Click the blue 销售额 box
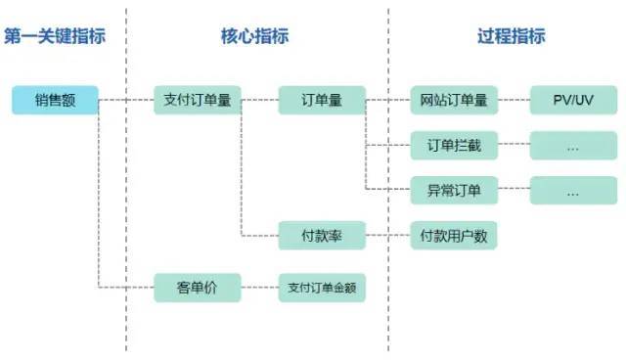(55, 100)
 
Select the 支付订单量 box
(198, 100)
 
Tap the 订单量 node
(322, 100)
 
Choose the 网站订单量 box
(454, 100)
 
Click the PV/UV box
(573, 100)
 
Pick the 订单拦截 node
(454, 146)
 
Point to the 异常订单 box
(454, 191)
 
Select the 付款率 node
(322, 236)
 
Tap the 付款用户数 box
(454, 236)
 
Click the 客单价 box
(198, 288)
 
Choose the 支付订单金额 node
(322, 288)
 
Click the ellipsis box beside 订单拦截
(573, 146)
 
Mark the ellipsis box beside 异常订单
(573, 191)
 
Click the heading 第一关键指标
(55, 36)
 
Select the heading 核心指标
(254, 36)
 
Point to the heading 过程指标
(512, 36)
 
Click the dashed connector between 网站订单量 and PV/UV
(514, 100)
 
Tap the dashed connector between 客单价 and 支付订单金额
(260, 288)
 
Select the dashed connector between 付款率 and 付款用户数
(388, 235)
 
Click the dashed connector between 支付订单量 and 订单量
(260, 100)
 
